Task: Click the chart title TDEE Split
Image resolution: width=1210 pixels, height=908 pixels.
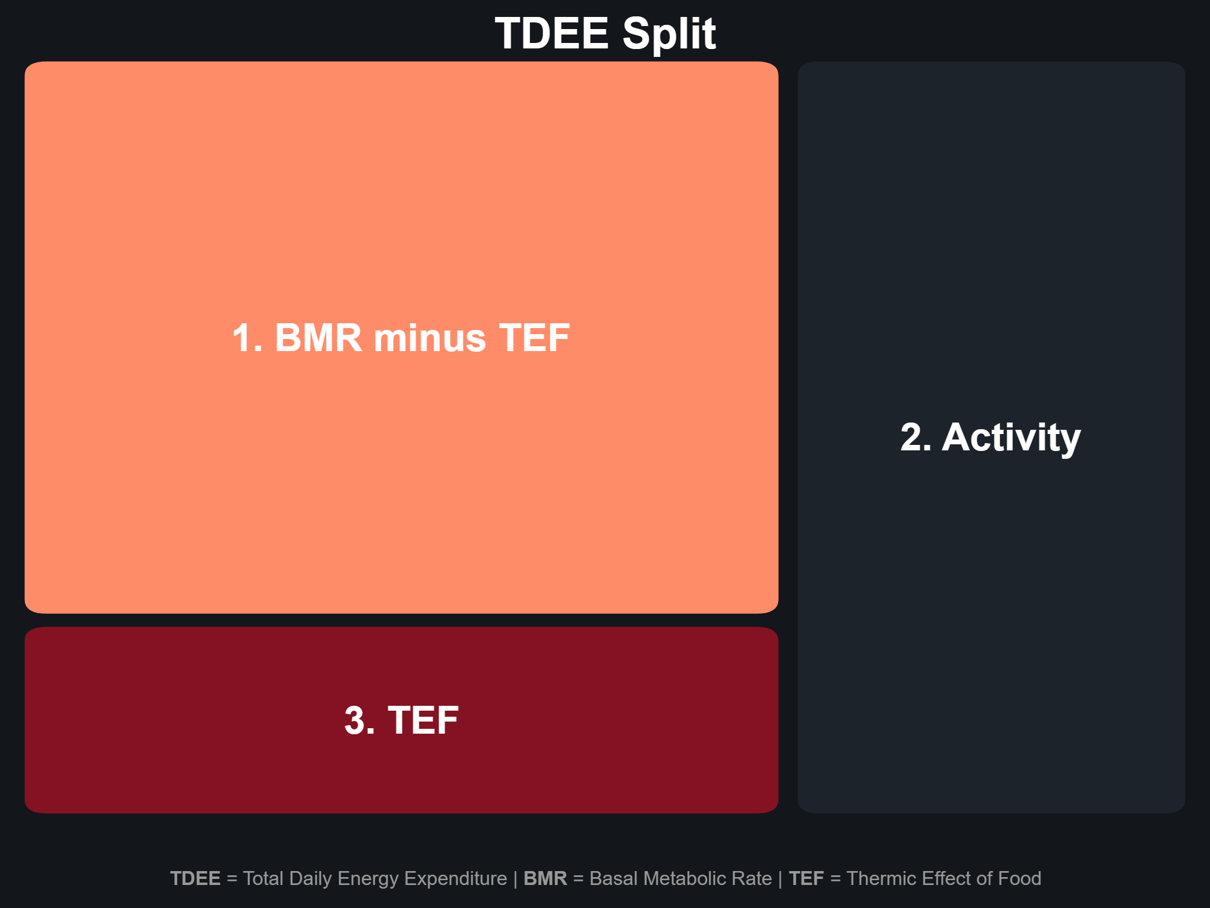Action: pyautogui.click(x=606, y=34)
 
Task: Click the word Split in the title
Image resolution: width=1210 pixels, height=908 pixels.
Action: pyautogui.click(x=669, y=34)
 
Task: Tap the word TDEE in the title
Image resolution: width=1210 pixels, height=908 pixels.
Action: pyautogui.click(x=552, y=33)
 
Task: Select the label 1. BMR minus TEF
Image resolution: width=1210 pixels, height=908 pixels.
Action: pyautogui.click(x=401, y=337)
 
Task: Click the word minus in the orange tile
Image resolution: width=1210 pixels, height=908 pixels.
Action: pyautogui.click(x=430, y=337)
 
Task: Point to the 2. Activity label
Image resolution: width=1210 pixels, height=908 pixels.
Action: pyautogui.click(x=990, y=438)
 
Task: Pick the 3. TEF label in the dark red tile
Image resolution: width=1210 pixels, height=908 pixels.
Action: pyautogui.click(x=401, y=720)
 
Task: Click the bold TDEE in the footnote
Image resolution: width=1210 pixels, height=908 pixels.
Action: pyautogui.click(x=195, y=878)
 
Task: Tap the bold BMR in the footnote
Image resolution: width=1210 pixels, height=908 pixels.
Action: pyautogui.click(x=545, y=878)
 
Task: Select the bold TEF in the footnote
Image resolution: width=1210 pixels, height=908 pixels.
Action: pyautogui.click(x=806, y=878)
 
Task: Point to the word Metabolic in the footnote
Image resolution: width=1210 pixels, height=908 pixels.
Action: pyautogui.click(x=665, y=878)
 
